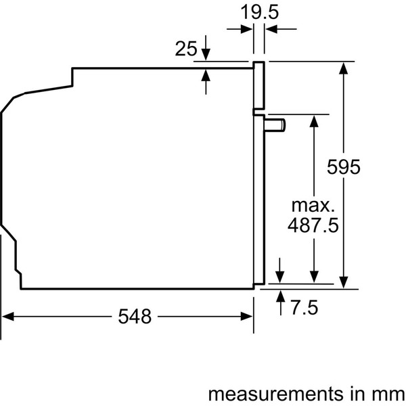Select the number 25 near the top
185,49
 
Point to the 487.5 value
313,225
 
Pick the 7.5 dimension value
304,308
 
